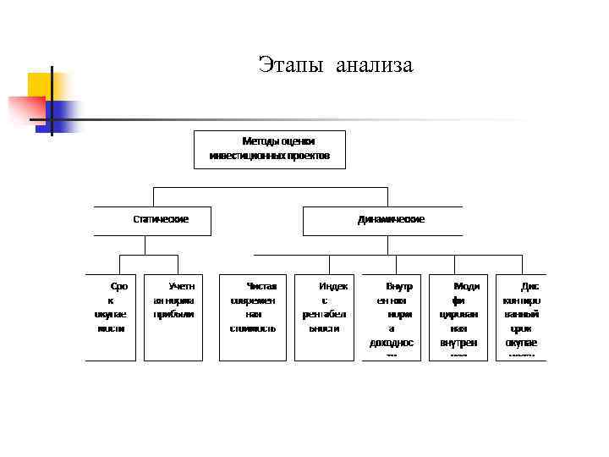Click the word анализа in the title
[x=374, y=65]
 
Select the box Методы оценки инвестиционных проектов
[x=270, y=149]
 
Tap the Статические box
[x=153, y=220]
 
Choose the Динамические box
[x=382, y=220]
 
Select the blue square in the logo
[x=61, y=114]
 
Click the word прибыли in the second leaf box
[x=173, y=314]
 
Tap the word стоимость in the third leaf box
[x=253, y=328]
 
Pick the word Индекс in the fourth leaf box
[x=333, y=287]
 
